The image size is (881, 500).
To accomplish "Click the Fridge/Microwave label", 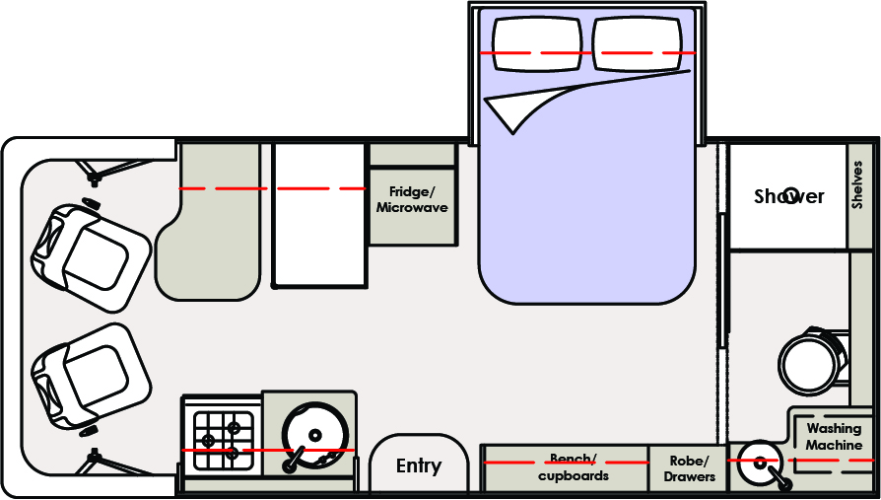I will pyautogui.click(x=412, y=200).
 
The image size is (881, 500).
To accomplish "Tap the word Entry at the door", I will pyautogui.click(x=418, y=466).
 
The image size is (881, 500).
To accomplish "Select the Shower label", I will pyautogui.click(x=788, y=196).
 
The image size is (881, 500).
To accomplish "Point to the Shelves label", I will pyautogui.click(x=857, y=184).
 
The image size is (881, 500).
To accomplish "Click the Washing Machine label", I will pyautogui.click(x=834, y=437).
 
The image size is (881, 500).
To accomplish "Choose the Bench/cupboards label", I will pyautogui.click(x=573, y=467).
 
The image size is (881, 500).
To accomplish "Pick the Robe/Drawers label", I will pyautogui.click(x=689, y=468).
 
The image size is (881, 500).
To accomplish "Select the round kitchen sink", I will pyautogui.click(x=313, y=434).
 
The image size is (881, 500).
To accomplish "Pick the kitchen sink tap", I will pyautogui.click(x=295, y=458).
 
